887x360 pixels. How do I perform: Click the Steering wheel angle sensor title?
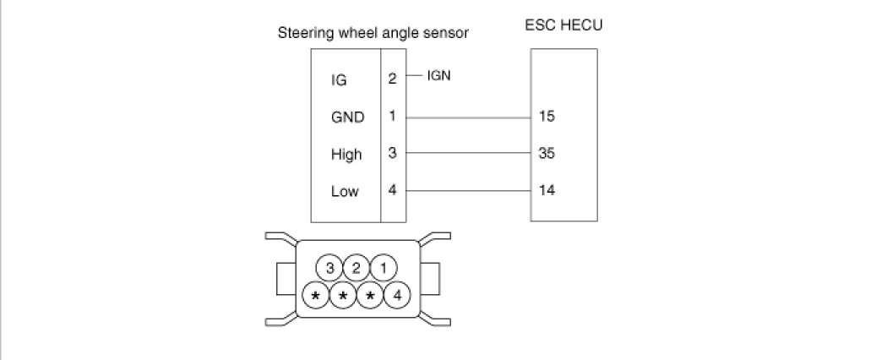click(373, 33)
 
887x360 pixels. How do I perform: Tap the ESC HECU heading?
click(563, 25)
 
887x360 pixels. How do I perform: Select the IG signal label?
click(339, 81)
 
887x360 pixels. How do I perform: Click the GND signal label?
click(347, 117)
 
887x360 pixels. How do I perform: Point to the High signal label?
click(346, 155)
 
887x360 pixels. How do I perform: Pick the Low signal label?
click(345, 191)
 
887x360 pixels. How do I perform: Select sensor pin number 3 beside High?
click(392, 153)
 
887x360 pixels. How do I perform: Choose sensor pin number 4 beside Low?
click(392, 189)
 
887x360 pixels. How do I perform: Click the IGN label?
click(439, 75)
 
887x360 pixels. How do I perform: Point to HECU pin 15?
click(546, 117)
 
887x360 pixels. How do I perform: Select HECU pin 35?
click(546, 154)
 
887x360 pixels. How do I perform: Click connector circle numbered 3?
click(329, 269)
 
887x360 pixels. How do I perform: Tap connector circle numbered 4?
click(397, 296)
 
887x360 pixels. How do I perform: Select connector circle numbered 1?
click(384, 269)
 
